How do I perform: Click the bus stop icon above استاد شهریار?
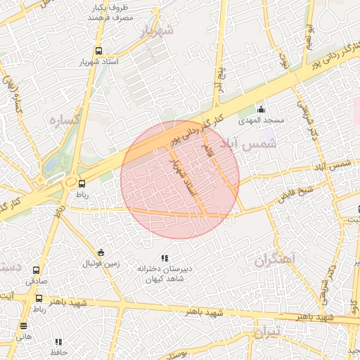(x=98, y=51)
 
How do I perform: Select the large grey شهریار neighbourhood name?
(x=155, y=32)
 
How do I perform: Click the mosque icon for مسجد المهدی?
(x=261, y=109)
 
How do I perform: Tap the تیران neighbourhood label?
(x=266, y=330)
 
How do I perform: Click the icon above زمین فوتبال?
(x=101, y=253)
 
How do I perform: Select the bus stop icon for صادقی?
(x=37, y=269)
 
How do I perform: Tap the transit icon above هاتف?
(x=24, y=326)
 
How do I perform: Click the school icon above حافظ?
(x=58, y=342)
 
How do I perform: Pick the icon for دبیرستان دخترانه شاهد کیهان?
(x=165, y=259)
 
